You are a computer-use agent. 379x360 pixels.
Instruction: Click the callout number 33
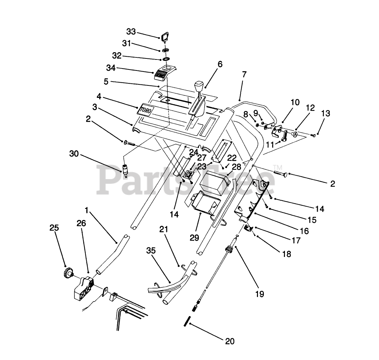point(131,32)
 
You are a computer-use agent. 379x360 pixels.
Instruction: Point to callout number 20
point(229,341)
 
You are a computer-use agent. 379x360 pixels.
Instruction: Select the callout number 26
point(81,224)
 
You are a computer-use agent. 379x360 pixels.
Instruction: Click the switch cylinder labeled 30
point(125,170)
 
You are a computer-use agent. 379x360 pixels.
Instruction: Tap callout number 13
point(325,113)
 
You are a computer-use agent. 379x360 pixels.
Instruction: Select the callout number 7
point(244,74)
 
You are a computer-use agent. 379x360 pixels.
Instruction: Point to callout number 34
point(111,68)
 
